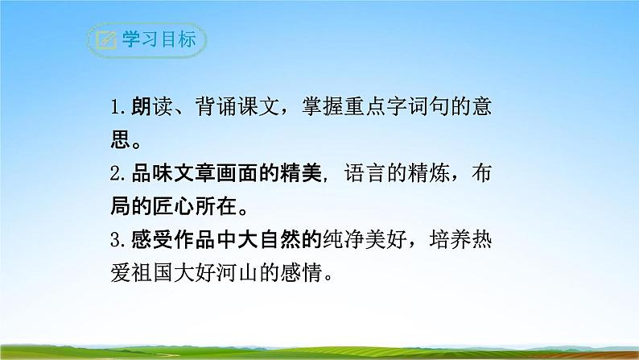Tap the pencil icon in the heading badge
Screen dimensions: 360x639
(x=105, y=41)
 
